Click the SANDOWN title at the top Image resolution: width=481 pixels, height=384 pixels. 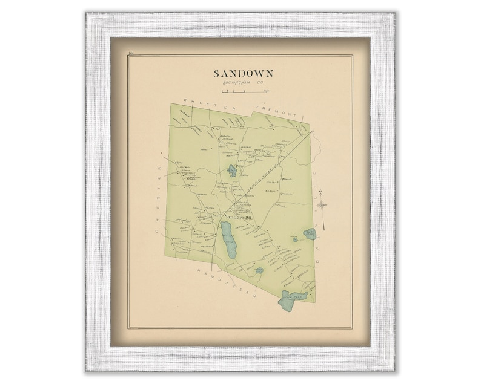[243, 74]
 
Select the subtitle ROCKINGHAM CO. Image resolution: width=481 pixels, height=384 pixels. [243, 83]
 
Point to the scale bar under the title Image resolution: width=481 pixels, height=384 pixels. [242, 91]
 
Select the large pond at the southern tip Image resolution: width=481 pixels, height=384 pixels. [290, 299]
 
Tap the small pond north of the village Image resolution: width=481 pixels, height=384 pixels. [232, 171]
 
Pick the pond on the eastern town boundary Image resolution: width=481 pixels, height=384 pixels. [310, 233]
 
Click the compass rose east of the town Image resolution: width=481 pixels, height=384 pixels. [322, 205]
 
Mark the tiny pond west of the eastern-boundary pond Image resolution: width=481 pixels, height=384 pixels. [295, 239]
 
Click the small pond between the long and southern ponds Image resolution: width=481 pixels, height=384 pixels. [259, 270]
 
